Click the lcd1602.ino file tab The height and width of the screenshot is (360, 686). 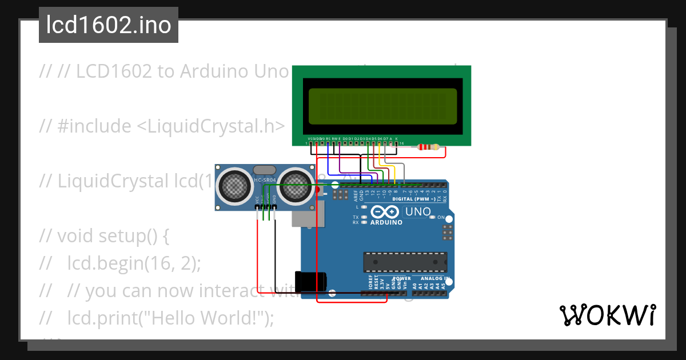tap(109, 26)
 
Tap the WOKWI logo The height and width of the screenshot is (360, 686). tap(607, 315)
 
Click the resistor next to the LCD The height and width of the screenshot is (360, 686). tap(428, 147)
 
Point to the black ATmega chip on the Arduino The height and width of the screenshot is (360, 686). tap(405, 262)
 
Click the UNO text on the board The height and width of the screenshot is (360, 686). tap(417, 212)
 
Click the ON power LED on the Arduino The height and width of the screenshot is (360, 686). tap(433, 218)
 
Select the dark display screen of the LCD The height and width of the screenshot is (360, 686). tap(382, 106)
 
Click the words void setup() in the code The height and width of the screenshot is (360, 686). tap(113, 236)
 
